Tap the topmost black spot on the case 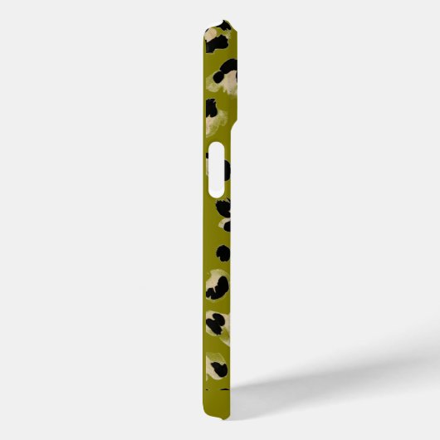(222, 25)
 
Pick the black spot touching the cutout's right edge (225, 169)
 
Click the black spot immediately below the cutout (223, 205)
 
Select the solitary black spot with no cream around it (222, 252)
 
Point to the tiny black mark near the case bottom (225, 389)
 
